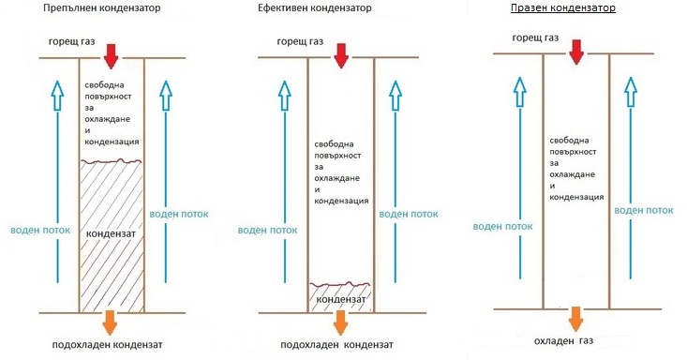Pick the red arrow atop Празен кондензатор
point(576,51)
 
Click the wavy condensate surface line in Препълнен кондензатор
point(111,162)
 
